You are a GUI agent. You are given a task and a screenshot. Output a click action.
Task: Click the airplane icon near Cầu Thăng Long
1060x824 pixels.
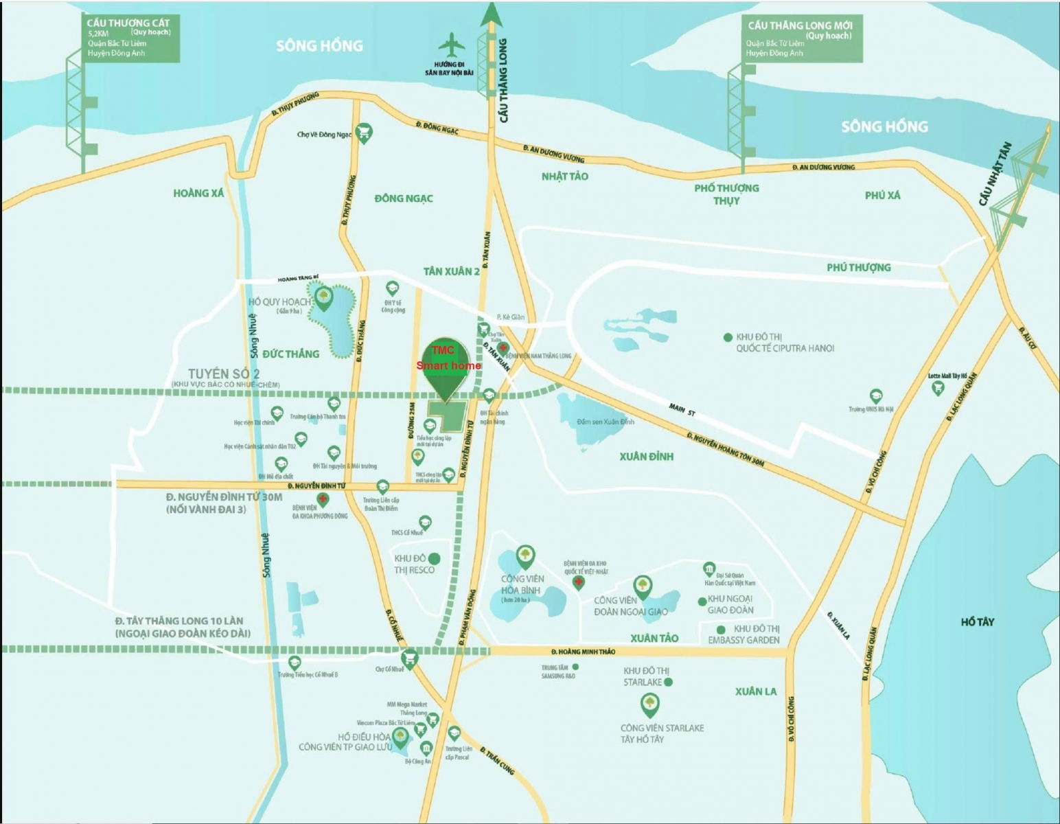point(450,46)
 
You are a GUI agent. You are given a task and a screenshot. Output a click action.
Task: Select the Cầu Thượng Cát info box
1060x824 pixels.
point(130,38)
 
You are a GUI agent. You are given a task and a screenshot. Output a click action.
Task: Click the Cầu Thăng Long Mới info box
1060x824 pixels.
point(800,38)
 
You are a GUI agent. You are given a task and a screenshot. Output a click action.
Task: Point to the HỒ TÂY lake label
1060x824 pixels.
point(977,621)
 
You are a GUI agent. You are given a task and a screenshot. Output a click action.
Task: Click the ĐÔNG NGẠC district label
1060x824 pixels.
point(404,198)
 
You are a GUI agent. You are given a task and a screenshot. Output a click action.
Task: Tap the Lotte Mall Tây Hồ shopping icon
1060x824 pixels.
point(938,388)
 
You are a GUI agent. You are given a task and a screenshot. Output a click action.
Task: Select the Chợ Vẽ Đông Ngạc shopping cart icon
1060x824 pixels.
point(364,133)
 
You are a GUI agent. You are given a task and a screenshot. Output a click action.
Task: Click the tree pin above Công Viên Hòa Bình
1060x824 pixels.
point(525,555)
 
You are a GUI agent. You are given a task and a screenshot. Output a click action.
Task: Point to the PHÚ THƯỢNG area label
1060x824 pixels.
point(858,267)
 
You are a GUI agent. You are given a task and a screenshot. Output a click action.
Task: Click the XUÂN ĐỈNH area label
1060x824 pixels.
point(646,456)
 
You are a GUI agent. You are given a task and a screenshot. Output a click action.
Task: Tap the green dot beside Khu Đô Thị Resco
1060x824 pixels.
point(434,559)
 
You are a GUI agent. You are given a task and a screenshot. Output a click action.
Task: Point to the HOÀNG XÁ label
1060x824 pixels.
point(198,193)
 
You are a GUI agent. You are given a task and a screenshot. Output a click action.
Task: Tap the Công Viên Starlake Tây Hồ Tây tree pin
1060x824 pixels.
point(649,704)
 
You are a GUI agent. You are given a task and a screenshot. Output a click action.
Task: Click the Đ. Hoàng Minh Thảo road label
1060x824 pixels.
point(583,651)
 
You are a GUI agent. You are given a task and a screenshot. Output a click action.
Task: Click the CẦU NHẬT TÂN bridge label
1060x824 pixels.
point(995,174)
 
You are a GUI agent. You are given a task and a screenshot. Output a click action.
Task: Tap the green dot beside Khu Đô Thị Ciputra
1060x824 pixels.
point(728,337)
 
